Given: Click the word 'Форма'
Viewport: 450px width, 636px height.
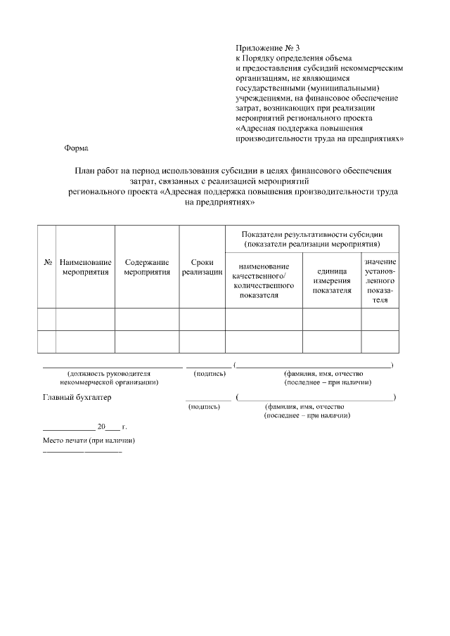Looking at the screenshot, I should (x=76, y=148).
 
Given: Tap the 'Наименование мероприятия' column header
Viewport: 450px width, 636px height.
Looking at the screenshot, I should (x=85, y=267).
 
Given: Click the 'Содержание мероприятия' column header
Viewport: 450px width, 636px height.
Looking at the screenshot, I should (x=147, y=267).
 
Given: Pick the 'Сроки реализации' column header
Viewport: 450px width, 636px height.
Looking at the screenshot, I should (x=202, y=267).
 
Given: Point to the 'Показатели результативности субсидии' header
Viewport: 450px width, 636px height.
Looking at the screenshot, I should (x=311, y=238).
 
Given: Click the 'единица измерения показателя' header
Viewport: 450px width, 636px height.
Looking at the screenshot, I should (x=332, y=280).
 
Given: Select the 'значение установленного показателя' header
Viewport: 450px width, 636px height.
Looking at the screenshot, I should (x=380, y=280).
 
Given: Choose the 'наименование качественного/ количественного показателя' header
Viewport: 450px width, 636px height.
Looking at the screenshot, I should (x=263, y=280).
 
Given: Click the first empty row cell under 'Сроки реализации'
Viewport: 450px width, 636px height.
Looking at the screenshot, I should (x=202, y=319).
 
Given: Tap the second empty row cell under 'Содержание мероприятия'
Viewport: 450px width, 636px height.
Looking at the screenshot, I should (x=147, y=342).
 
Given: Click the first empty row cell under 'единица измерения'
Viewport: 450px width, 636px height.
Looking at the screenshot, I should (x=332, y=319).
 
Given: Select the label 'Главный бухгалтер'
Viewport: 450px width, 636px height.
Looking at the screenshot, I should (x=77, y=398).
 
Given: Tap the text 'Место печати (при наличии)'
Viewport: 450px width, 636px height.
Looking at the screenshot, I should (x=89, y=441).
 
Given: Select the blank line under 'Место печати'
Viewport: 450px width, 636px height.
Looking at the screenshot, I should (x=82, y=450).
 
